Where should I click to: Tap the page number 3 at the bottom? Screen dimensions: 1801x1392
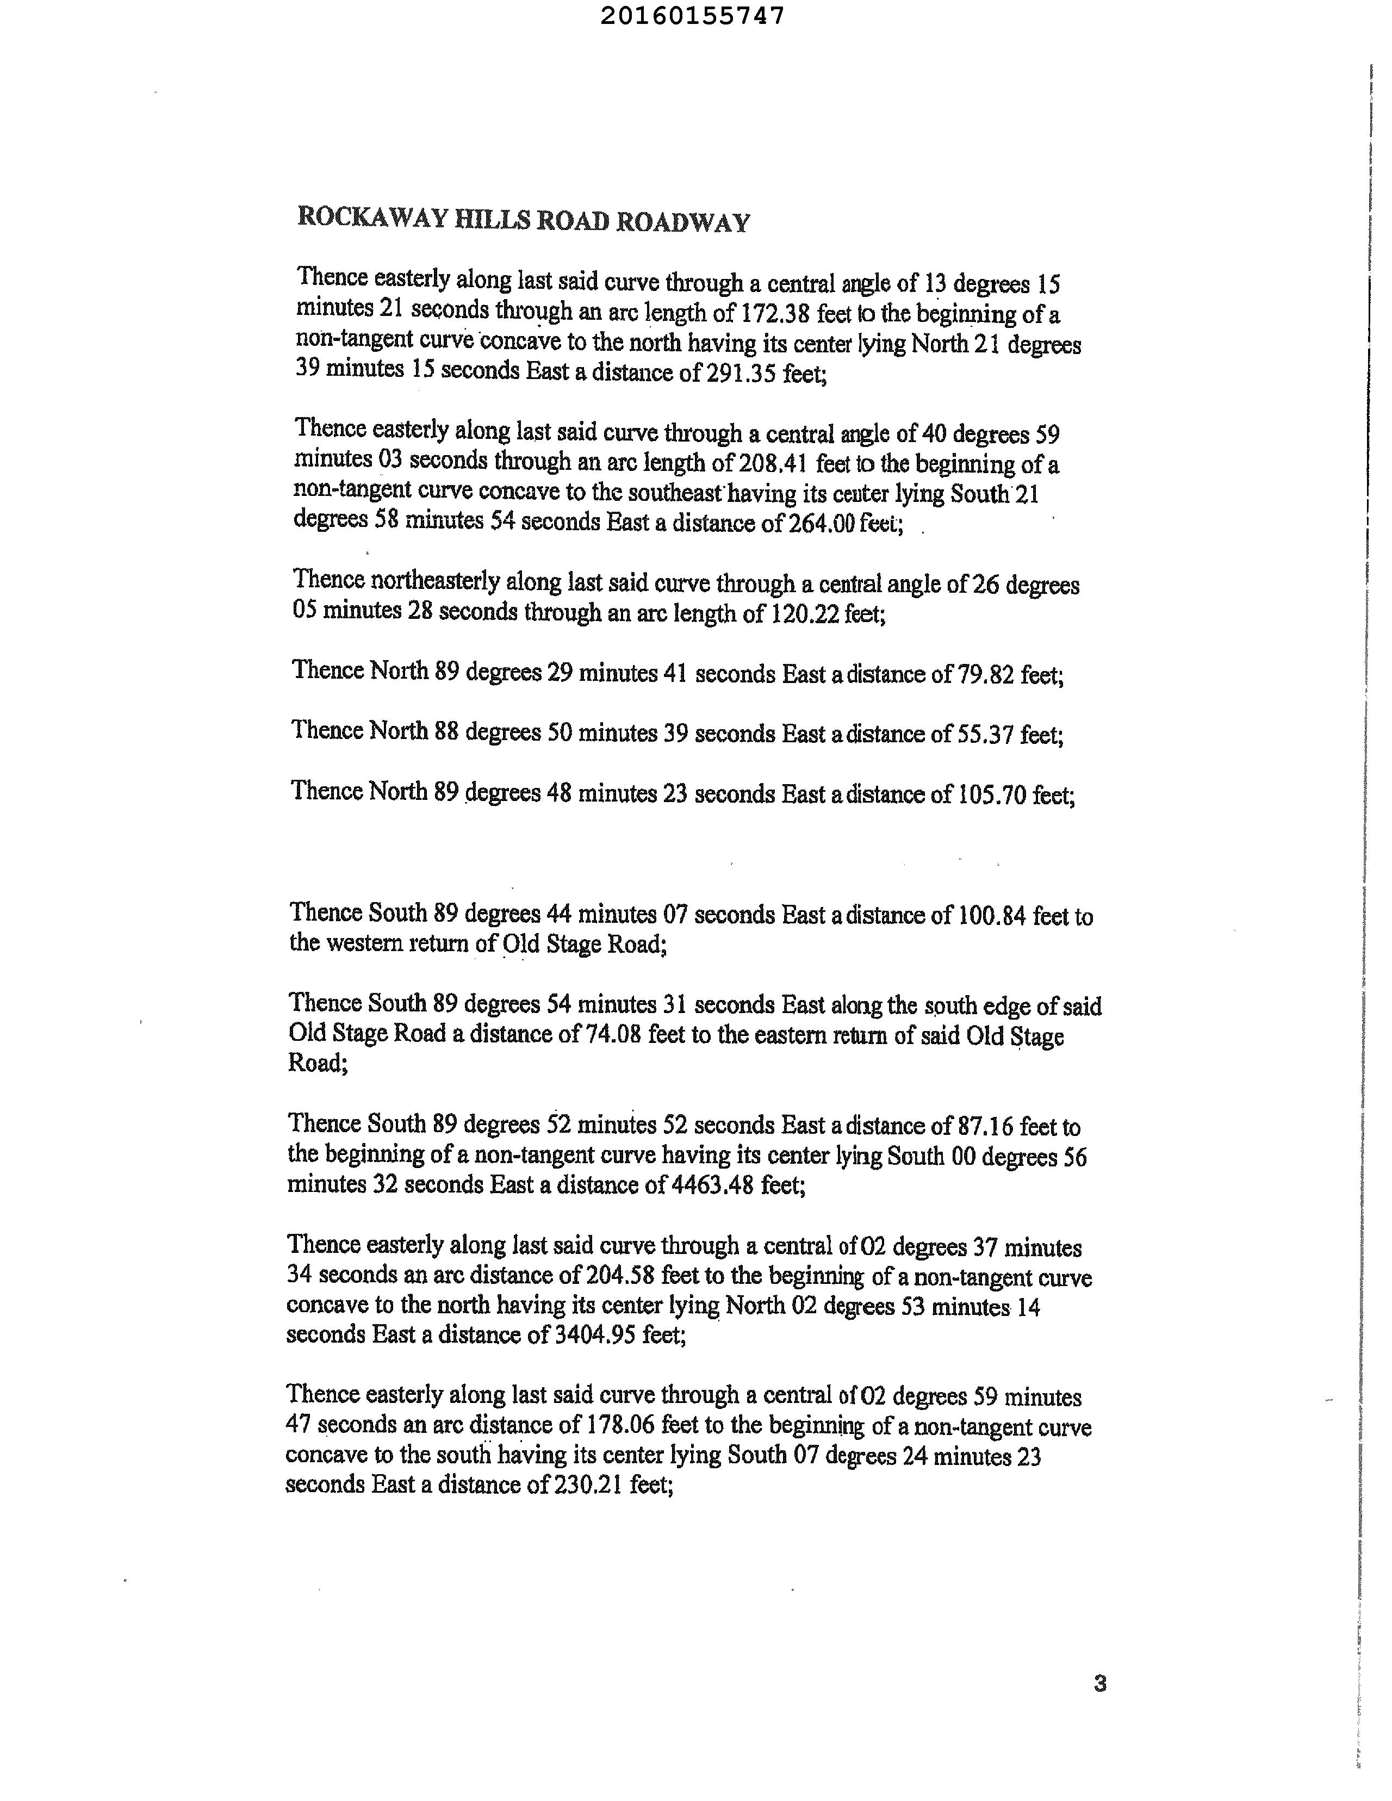point(1099,1684)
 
